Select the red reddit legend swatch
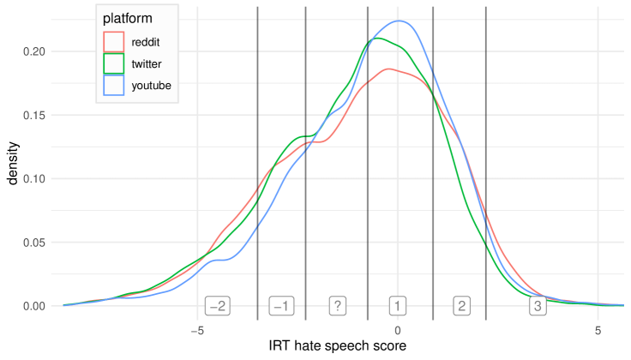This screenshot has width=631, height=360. [113, 41]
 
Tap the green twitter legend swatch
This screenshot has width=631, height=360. [113, 63]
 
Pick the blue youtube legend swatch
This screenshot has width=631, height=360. [113, 86]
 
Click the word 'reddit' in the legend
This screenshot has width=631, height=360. [146, 41]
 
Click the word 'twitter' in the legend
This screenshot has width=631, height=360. [147, 63]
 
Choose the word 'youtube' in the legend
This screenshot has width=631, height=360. [151, 86]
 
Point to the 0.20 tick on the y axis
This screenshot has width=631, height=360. [33, 51]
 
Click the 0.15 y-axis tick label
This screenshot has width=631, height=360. [33, 115]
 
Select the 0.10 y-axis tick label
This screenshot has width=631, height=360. [33, 179]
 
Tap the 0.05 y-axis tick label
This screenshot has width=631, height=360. [33, 243]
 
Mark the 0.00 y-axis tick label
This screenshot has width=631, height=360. [33, 306]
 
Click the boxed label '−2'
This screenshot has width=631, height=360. [217, 306]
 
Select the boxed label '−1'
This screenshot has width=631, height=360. [281, 306]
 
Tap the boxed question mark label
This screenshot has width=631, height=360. [338, 306]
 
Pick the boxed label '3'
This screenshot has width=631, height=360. [538, 306]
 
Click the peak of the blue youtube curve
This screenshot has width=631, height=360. [398, 21]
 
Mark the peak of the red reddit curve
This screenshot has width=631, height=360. [390, 69]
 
